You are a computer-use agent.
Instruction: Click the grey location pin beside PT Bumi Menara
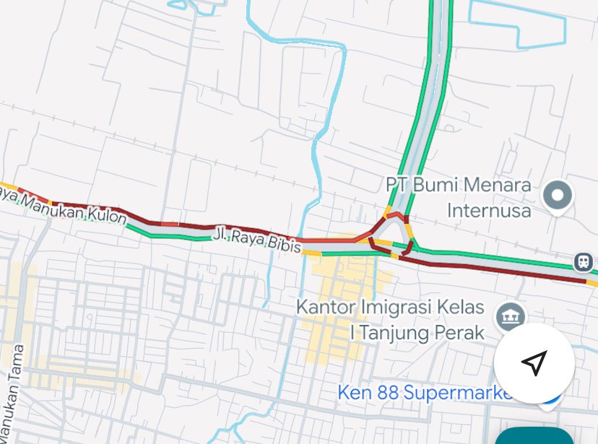pos(558,195)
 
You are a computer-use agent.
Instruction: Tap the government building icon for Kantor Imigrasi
pos(510,315)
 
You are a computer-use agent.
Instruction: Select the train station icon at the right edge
pos(584,262)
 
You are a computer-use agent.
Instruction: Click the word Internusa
pos(489,211)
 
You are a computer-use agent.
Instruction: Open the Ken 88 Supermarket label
pos(426,393)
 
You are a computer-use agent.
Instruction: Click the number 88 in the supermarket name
pos(387,393)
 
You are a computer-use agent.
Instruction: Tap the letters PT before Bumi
pos(399,186)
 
